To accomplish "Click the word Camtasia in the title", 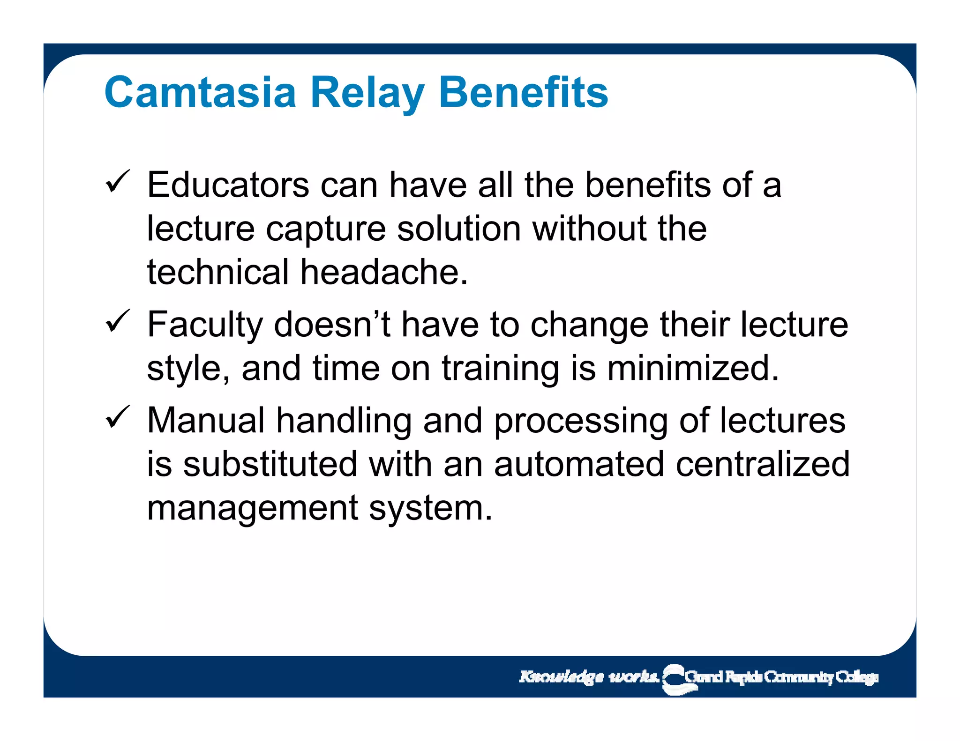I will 200,92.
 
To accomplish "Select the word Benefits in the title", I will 523,92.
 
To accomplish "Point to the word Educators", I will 228,185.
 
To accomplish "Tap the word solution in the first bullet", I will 459,229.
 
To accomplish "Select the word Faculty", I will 205,325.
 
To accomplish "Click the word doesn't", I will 332,325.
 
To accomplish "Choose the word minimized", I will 693,368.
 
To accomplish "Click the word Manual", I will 206,421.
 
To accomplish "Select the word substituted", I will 270,464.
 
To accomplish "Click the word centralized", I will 762,464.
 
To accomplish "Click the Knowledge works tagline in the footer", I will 588,677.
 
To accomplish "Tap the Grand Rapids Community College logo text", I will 780,677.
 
